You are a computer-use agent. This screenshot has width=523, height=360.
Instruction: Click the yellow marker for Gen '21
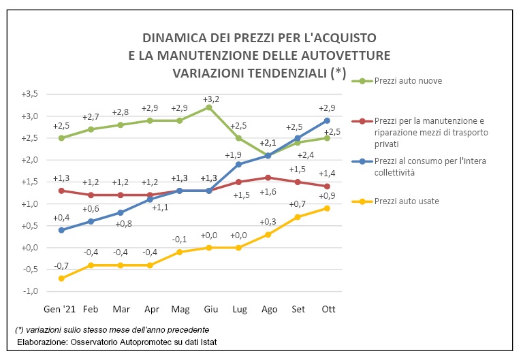62,278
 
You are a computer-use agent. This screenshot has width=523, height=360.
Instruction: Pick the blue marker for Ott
327,120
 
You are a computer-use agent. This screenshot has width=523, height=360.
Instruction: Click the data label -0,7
61,265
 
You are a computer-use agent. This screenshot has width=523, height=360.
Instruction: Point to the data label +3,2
210,99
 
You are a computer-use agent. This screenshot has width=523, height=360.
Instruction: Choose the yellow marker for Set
297,217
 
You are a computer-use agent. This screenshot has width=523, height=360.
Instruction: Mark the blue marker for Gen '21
62,230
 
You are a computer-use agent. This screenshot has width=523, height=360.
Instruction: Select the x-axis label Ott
327,309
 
